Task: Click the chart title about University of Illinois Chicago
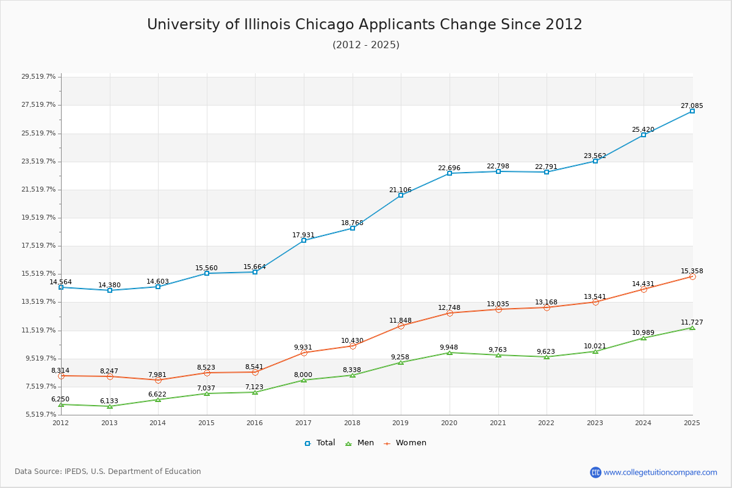pos(365,25)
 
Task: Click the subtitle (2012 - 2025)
pos(366,45)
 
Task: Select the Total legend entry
pos(320,443)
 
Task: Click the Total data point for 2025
pos(692,111)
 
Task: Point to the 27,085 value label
pos(692,106)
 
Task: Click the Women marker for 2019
pos(401,326)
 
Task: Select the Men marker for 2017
pos(304,380)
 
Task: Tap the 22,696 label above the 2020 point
pos(449,168)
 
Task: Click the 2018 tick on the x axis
pos(352,423)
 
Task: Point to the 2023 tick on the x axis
pos(595,423)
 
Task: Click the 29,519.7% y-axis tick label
pos(38,77)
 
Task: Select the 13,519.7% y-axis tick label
pos(38,302)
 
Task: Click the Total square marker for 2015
pos(207,273)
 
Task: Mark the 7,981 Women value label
pos(158,375)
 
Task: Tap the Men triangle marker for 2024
pos(644,338)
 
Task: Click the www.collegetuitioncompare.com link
pos(660,472)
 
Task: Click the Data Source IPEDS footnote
pos(108,472)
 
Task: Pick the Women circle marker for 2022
pos(547,307)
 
